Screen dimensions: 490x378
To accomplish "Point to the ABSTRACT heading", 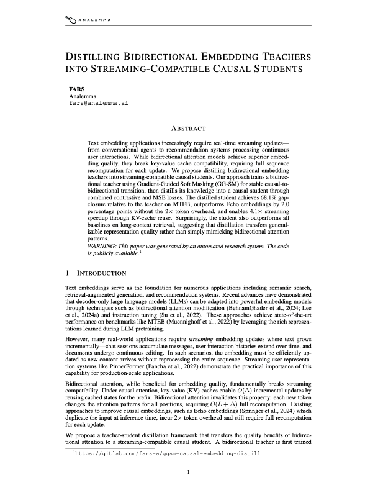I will click(188, 129).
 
